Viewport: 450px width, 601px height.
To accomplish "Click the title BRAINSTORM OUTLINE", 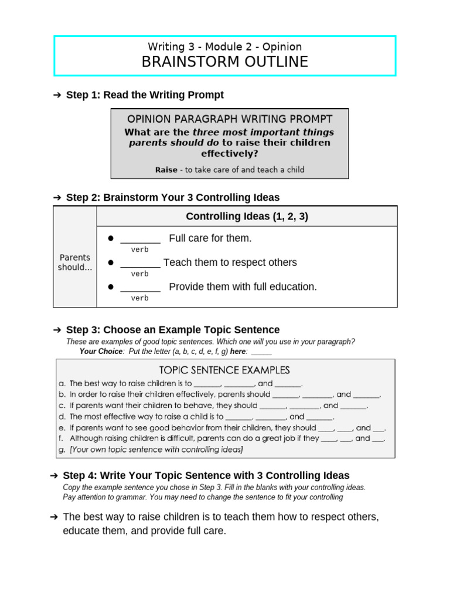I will pos(224,62).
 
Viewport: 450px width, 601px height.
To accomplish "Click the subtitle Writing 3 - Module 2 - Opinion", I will pos(224,46).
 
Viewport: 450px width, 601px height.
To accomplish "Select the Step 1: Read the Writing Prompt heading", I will pos(145,94).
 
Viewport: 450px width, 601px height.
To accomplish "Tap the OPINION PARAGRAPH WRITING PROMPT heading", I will pos(230,119).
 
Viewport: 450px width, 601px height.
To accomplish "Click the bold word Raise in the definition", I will pos(166,170).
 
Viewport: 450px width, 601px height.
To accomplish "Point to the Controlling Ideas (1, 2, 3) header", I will pos(247,217).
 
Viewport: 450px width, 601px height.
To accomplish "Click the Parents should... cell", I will pos(75,262).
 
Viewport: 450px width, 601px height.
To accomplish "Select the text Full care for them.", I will pos(210,238).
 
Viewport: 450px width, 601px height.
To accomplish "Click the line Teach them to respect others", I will pos(230,262).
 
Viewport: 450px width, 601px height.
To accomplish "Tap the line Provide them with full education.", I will pos(243,286).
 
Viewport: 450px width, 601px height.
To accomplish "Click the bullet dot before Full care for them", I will pos(109,238).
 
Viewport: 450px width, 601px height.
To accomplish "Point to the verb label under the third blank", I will pos(139,298).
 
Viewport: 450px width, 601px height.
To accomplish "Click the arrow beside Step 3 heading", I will pos(57,330).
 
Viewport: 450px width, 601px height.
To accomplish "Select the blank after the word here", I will pos(261,352).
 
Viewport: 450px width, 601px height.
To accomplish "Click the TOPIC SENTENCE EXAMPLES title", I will pos(224,370).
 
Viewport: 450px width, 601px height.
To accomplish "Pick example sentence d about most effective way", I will pos(196,417).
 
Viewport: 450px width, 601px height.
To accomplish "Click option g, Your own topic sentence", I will pos(151,450).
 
